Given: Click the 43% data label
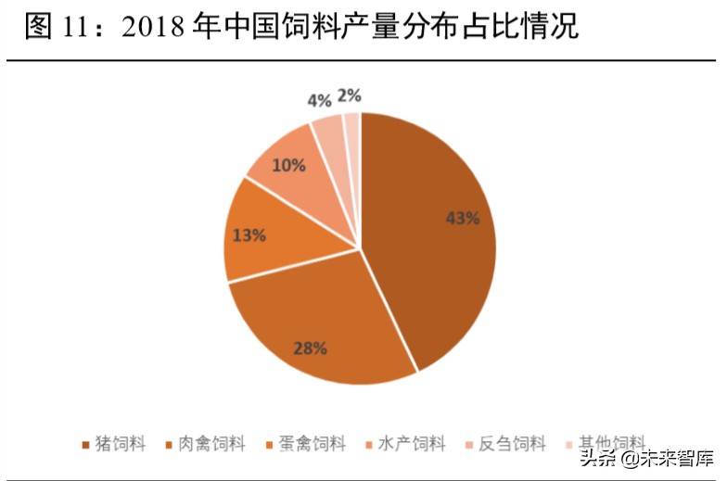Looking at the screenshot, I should coord(463,219).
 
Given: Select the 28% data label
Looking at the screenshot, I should coord(311,348).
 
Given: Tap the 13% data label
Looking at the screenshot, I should coord(249,235).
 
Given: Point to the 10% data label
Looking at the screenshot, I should coord(288,166).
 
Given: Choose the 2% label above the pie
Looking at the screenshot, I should coord(350,95).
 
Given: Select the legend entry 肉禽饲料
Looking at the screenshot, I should coord(205,444).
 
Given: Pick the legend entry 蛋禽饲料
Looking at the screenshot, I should coord(305,444).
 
